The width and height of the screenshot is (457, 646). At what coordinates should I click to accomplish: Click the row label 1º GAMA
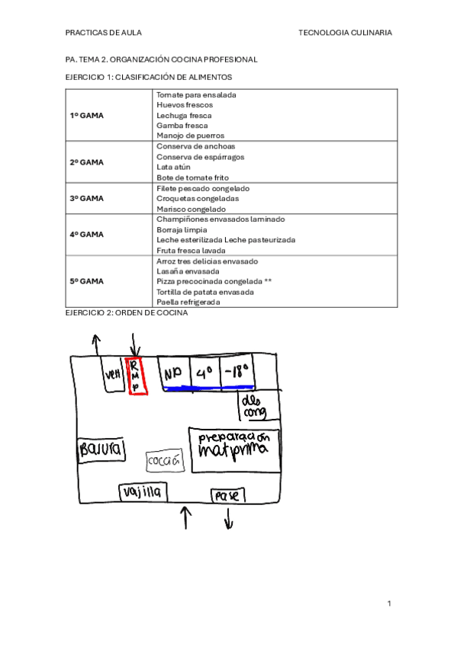click(x=86, y=115)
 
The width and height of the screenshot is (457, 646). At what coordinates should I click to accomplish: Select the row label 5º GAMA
click(x=86, y=281)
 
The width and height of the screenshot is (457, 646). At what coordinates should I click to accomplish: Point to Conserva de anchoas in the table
click(x=195, y=146)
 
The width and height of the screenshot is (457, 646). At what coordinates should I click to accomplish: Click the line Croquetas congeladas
click(x=197, y=198)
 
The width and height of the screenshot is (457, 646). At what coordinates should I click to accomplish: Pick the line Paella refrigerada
click(x=188, y=302)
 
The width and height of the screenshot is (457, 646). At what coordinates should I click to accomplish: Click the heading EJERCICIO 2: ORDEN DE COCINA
click(x=126, y=312)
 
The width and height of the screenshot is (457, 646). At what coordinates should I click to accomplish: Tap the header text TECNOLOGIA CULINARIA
click(x=346, y=33)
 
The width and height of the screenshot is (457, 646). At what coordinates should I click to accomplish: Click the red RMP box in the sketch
click(x=136, y=376)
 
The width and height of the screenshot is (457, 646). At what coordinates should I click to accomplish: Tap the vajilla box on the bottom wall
click(x=142, y=493)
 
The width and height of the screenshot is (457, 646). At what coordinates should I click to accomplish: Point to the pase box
click(x=227, y=495)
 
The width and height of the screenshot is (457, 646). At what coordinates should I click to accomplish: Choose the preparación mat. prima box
click(x=234, y=448)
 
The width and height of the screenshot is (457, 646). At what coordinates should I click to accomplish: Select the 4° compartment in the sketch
click(x=204, y=373)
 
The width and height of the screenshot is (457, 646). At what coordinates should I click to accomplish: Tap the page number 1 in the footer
click(x=389, y=603)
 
